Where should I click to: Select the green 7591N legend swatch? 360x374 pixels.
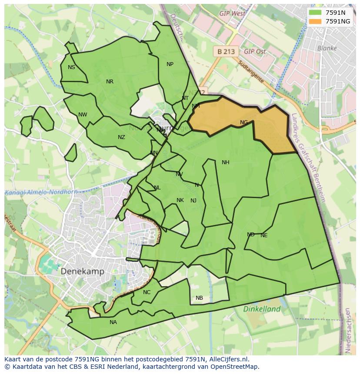pyautogui.click(x=316, y=13)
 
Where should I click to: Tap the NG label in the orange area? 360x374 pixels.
pyautogui.click(x=244, y=122)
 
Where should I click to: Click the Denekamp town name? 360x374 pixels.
pyautogui.click(x=82, y=271)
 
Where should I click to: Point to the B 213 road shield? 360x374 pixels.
pyautogui.click(x=226, y=51)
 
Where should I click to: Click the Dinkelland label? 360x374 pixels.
pyautogui.click(x=262, y=309)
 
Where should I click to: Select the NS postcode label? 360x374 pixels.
pyautogui.click(x=71, y=67)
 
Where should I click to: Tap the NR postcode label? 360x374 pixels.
pyautogui.click(x=110, y=82)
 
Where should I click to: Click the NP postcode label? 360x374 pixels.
pyautogui.click(x=170, y=64)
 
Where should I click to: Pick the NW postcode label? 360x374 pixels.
pyautogui.click(x=83, y=115)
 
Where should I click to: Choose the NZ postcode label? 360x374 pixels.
pyautogui.click(x=121, y=137)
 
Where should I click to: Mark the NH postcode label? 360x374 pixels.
pyautogui.click(x=225, y=162)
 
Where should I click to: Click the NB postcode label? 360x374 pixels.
pyautogui.click(x=199, y=298)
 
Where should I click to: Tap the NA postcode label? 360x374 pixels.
pyautogui.click(x=113, y=322)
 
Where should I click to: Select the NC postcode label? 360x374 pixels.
pyautogui.click(x=147, y=292)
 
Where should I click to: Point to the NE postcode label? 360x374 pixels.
pyautogui.click(x=264, y=235)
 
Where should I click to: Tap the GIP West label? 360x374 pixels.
pyautogui.click(x=232, y=13)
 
